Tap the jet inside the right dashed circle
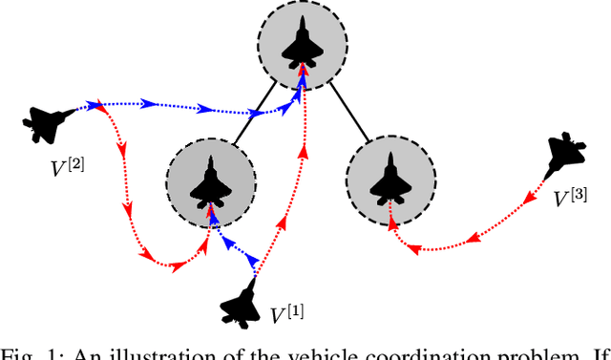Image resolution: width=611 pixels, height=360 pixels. click(x=390, y=180)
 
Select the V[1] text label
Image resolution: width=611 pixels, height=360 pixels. click(x=287, y=313)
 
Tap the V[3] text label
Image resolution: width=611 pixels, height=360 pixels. click(x=572, y=199)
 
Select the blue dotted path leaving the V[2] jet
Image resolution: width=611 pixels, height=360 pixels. click(x=181, y=106)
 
